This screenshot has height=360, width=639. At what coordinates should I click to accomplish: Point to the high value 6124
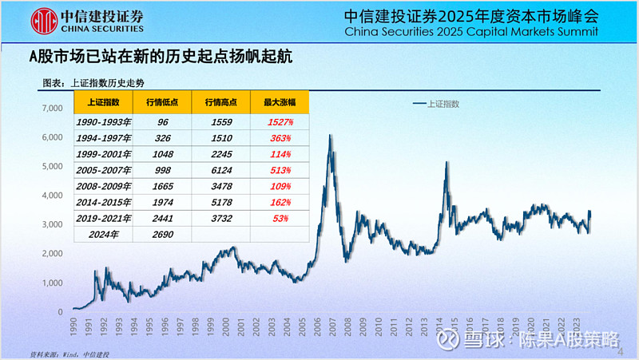tap(220, 170)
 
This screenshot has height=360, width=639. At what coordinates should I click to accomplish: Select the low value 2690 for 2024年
tap(163, 234)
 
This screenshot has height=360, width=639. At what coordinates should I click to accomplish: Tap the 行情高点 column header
tap(220, 102)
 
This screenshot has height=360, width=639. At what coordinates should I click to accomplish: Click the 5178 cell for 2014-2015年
tap(220, 202)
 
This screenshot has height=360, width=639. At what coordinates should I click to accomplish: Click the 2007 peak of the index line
tap(331, 136)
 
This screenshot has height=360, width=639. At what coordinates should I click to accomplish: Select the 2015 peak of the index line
tap(446, 163)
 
